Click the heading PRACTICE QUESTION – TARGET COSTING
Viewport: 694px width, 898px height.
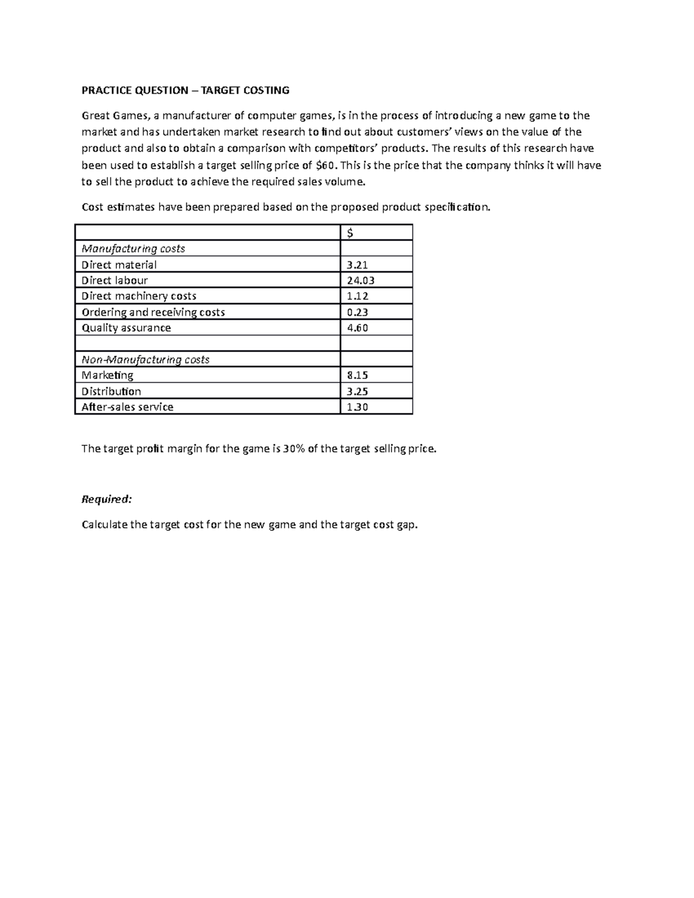[x=185, y=90]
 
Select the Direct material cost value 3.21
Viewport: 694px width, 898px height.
[x=357, y=265]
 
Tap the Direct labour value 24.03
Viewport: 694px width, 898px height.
[x=360, y=280]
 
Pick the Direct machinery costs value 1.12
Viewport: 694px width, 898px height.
[x=357, y=296]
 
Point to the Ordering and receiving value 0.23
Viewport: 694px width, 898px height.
[x=357, y=312]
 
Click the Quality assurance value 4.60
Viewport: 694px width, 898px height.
[x=357, y=328]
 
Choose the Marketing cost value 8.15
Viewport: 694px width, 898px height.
[x=357, y=375]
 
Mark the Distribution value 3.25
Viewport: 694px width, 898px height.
[x=357, y=391]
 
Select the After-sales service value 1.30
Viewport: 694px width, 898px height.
[x=357, y=407]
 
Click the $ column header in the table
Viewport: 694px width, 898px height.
[x=350, y=233]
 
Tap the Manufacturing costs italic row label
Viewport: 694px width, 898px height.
[x=133, y=249]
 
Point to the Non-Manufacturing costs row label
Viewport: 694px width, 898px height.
[x=145, y=360]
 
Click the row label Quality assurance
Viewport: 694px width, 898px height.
[x=126, y=328]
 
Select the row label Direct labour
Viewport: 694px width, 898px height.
[x=115, y=280]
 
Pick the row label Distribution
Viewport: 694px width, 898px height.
[x=111, y=391]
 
